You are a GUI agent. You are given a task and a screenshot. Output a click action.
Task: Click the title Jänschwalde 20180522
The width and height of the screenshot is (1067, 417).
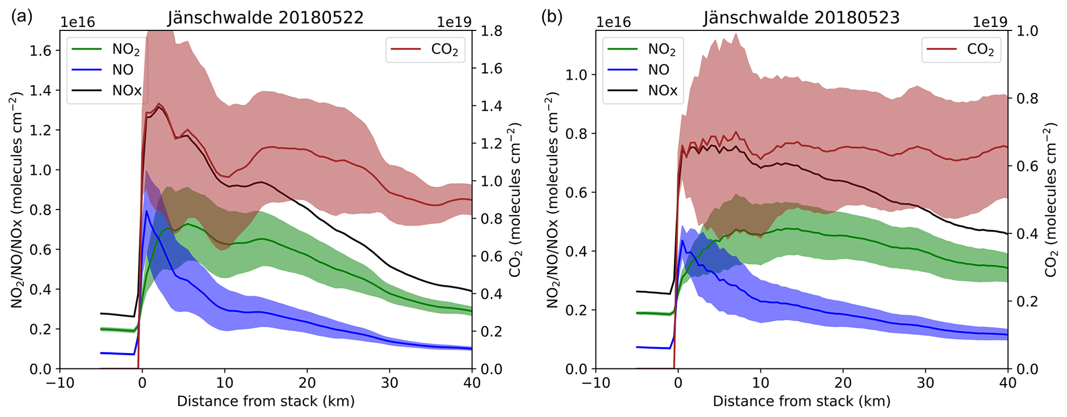tap(265, 18)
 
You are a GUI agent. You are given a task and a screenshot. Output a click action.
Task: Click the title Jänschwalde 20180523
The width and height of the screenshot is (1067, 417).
tap(801, 18)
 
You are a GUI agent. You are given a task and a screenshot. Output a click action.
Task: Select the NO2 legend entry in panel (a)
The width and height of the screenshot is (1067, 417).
tap(125, 50)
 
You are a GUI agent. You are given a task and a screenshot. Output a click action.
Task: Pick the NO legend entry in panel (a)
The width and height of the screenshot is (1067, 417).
tap(122, 70)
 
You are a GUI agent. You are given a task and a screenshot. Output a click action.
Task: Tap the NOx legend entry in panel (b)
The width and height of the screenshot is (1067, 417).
tap(662, 90)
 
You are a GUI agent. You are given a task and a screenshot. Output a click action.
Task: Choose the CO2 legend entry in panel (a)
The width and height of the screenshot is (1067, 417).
tap(444, 50)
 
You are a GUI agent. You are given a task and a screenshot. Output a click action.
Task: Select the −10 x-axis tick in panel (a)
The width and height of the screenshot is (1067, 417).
tap(60, 383)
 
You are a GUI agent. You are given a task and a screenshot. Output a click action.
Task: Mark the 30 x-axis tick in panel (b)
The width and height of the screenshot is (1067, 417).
tap(925, 383)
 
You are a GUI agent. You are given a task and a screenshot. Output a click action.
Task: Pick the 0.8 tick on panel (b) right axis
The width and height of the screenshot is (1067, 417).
tap(1027, 99)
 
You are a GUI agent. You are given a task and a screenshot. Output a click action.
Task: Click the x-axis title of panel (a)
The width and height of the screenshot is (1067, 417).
tap(265, 402)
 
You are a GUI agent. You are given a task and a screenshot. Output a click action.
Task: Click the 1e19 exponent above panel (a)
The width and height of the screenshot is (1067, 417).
tap(454, 22)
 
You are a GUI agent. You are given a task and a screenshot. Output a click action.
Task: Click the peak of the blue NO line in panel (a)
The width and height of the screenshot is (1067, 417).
tap(147, 211)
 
